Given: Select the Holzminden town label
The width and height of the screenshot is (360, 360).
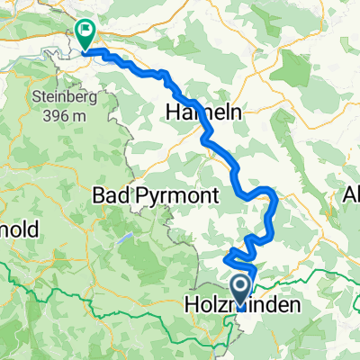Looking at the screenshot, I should coord(242,306).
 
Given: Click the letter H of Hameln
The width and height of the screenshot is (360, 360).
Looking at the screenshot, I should coord(172,112).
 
